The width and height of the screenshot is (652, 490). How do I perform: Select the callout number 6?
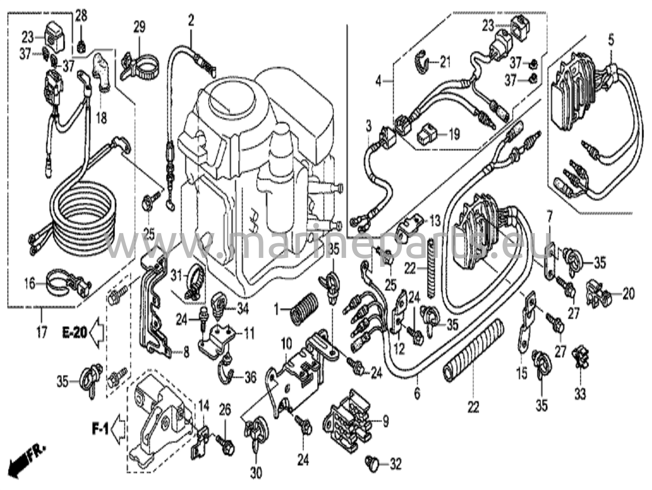coord(417,394)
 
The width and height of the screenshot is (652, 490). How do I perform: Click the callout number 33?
coord(580,395)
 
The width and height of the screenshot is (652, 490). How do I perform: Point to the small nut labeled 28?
coord(81,47)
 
